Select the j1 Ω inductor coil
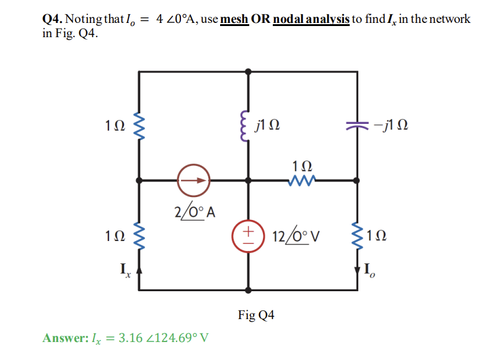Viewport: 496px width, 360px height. coord(249,126)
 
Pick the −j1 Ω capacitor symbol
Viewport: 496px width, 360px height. coord(356,126)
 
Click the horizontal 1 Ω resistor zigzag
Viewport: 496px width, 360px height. coord(303,181)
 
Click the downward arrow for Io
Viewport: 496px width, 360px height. coord(357,270)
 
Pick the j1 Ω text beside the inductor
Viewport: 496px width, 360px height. coord(267,127)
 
